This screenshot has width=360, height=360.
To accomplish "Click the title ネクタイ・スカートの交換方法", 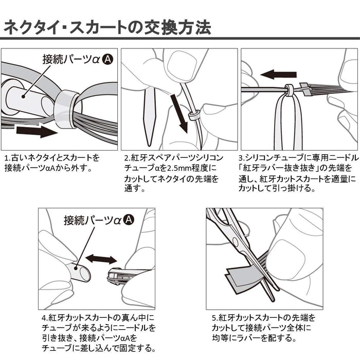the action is [107, 28].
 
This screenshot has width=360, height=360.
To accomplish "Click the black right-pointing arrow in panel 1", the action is [37, 131].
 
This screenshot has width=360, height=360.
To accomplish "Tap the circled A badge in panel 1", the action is [107, 59].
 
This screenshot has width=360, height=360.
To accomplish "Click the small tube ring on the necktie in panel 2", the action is [193, 115].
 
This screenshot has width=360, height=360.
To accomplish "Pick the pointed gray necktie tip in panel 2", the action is [149, 117].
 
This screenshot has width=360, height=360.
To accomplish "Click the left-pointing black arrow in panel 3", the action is [278, 74].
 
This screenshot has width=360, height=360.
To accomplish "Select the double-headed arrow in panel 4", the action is [101, 259].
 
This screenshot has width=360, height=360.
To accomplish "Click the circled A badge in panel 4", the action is [129, 220].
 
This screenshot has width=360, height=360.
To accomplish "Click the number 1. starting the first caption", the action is [7, 158].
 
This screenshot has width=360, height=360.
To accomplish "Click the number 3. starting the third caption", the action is [242, 158].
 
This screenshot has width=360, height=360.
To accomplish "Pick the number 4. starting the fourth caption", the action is [45, 318].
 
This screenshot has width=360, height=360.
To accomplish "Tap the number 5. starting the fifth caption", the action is [215, 318].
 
